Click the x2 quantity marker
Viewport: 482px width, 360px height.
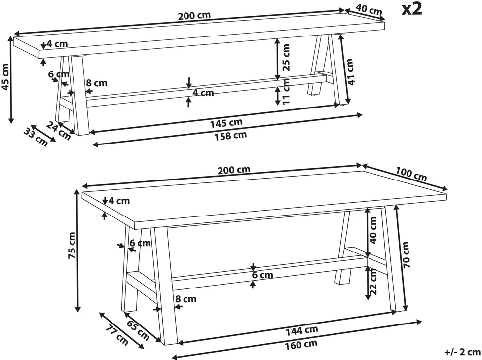click(412, 9)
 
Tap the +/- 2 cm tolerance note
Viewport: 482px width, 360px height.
click(462, 352)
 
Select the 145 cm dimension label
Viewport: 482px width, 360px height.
click(226, 123)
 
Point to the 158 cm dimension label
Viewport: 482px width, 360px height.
click(230, 136)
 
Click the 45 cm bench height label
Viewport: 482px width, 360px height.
click(5, 77)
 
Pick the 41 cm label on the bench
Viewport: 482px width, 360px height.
click(350, 72)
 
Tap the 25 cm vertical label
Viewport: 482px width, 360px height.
click(286, 57)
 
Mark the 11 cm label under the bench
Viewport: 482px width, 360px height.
click(286, 91)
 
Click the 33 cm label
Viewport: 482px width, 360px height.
click(36, 137)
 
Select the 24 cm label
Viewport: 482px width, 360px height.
click(59, 131)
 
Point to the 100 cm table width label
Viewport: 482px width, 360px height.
click(411, 174)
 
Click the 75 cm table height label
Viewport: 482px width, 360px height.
click(72, 245)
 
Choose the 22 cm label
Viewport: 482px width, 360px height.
click(373, 282)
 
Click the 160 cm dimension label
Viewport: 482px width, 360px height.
click(301, 345)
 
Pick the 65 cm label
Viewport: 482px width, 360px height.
click(138, 330)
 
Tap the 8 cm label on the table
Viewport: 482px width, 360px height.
click(186, 299)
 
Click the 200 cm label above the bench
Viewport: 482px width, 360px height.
click(194, 16)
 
